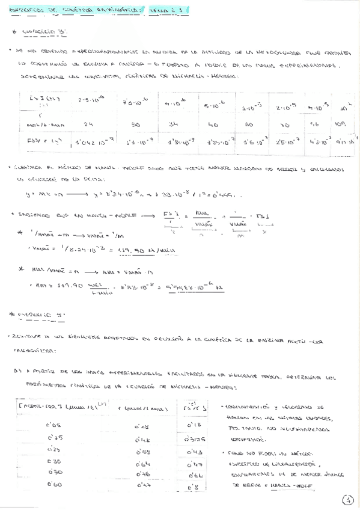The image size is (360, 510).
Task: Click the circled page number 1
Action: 348,499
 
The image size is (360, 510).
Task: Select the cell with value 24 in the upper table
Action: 88,125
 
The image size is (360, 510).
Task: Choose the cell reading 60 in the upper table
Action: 248,126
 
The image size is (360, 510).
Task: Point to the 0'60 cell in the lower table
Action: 54,484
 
